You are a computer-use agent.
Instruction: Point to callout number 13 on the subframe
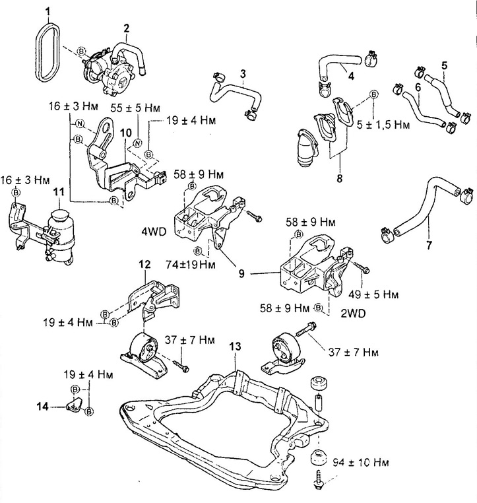(x=235, y=345)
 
